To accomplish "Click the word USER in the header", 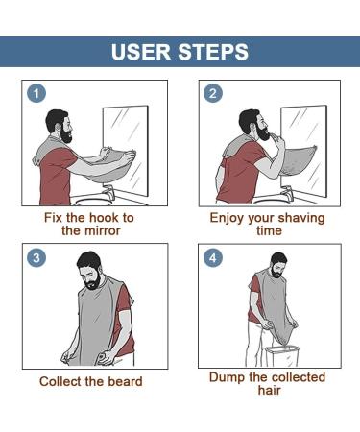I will (x=143, y=52).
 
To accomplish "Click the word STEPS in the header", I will (x=213, y=52).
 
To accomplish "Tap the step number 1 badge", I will (x=36, y=94).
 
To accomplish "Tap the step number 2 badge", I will (x=212, y=94).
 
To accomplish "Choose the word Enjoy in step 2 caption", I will (x=228, y=218).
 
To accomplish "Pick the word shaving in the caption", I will (x=300, y=218).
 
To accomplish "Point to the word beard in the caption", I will (x=125, y=381).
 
